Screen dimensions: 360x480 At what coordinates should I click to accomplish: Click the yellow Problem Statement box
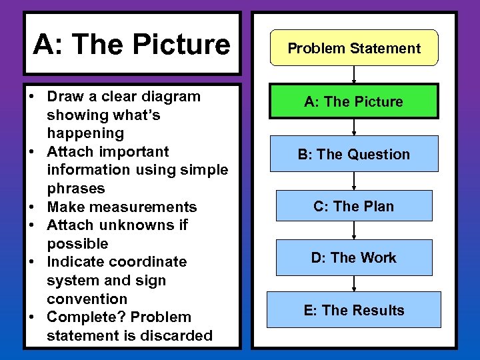[x=354, y=48]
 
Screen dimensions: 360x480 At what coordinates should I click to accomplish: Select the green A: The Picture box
[x=354, y=101]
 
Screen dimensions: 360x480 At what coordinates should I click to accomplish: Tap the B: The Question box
[x=354, y=154]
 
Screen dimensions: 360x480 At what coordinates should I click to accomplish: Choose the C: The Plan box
[x=354, y=206]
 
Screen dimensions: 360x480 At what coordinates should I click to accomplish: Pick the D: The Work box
[x=354, y=257]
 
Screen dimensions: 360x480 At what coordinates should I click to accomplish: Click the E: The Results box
[x=354, y=310]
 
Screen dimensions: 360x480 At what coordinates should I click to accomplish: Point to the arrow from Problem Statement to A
[x=354, y=74]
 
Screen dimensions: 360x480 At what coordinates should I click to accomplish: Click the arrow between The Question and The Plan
[x=354, y=181]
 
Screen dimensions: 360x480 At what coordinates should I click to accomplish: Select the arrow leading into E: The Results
[x=354, y=283]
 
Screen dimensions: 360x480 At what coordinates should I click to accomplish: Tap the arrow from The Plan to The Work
[x=354, y=231]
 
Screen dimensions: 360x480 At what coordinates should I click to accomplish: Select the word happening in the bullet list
[x=85, y=133]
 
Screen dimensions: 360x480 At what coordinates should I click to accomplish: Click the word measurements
[x=146, y=207]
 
